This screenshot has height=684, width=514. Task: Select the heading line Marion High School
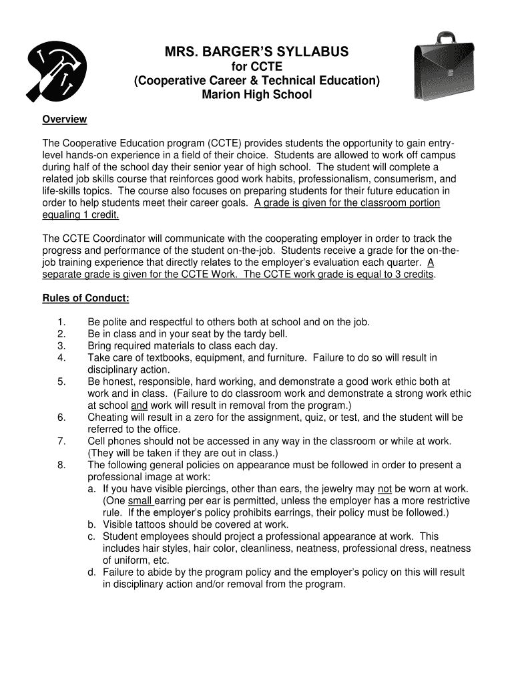(x=256, y=95)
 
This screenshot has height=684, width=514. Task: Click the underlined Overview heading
(x=65, y=120)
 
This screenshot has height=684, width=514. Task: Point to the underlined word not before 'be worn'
(x=384, y=489)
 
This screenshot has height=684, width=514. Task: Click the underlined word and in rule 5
(x=139, y=405)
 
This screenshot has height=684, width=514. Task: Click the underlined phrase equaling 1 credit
(x=81, y=215)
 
